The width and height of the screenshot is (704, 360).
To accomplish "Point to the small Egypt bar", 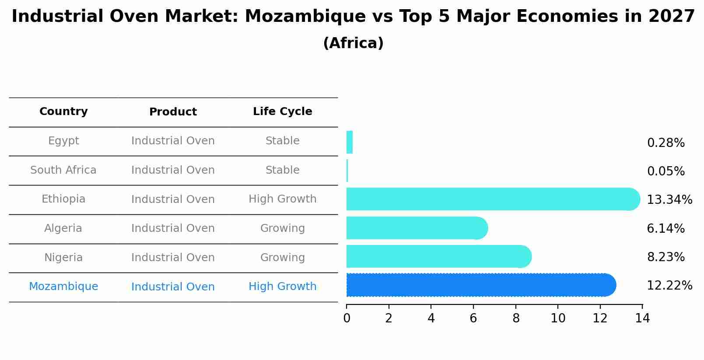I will (349, 142).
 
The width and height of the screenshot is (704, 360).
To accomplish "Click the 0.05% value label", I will (665, 171).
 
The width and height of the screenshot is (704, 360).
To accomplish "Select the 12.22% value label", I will (669, 286).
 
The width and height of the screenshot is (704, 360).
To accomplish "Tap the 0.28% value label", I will (665, 143).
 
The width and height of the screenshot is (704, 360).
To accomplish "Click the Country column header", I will (63, 112).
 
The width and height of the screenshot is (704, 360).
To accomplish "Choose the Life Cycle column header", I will (282, 112).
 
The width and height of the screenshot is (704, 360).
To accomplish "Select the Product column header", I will (173, 112).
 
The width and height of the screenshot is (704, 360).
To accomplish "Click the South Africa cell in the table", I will (63, 170).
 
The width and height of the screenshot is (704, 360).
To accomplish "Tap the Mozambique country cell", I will (63, 287).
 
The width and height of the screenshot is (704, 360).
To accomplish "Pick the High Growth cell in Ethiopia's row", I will (282, 199).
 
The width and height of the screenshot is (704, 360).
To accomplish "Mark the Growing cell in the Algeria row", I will (282, 228).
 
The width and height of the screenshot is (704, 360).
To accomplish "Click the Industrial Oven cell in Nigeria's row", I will (173, 258).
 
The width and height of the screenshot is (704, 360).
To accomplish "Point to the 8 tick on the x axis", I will (516, 318).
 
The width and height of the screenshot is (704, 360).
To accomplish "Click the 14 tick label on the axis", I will (642, 318).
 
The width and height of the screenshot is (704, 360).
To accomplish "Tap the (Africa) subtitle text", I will (353, 43).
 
